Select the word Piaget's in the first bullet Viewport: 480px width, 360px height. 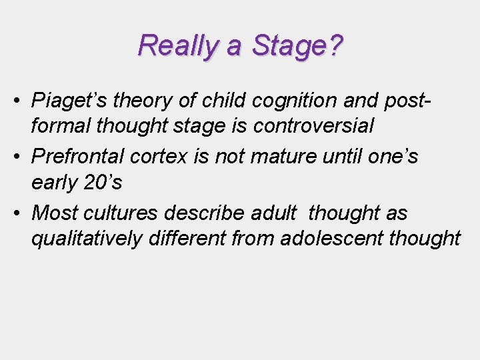pyautogui.click(x=70, y=100)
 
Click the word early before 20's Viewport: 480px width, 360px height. pyautogui.click(x=53, y=181)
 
